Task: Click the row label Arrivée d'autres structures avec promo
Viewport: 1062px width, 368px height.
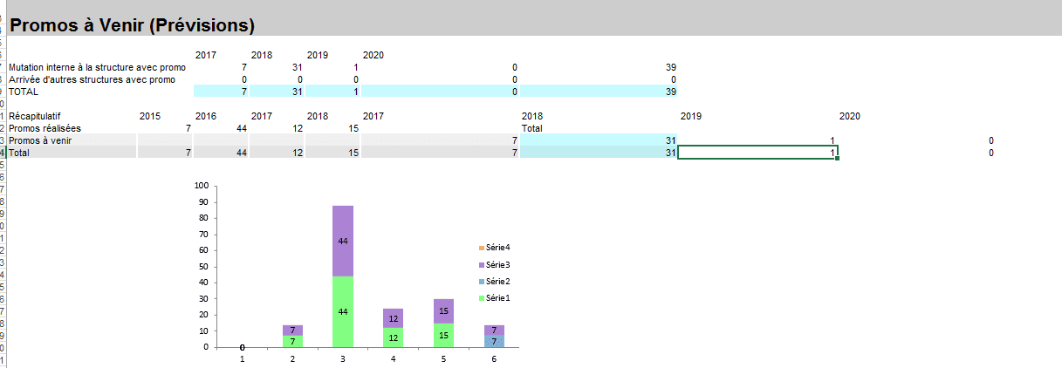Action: pos(91,79)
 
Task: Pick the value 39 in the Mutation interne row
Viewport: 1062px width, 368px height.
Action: pos(670,67)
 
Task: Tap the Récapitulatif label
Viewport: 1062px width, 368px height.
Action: pos(34,116)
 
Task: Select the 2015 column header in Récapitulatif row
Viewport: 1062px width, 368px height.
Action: pos(149,116)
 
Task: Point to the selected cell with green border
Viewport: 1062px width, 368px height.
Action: pos(757,153)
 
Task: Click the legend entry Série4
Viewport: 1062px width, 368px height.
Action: pos(497,249)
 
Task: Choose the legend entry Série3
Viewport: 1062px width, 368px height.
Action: pos(497,264)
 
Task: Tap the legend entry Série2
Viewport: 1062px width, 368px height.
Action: pos(497,281)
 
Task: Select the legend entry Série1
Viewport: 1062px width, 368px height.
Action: pos(497,297)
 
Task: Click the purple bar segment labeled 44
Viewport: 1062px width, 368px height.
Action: pos(342,241)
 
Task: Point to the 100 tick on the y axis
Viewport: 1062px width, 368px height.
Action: pos(202,186)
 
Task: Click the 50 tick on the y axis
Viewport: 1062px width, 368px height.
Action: pos(204,266)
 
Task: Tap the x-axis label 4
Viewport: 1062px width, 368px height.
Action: pos(394,358)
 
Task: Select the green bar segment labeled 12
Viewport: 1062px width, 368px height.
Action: pos(394,337)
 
